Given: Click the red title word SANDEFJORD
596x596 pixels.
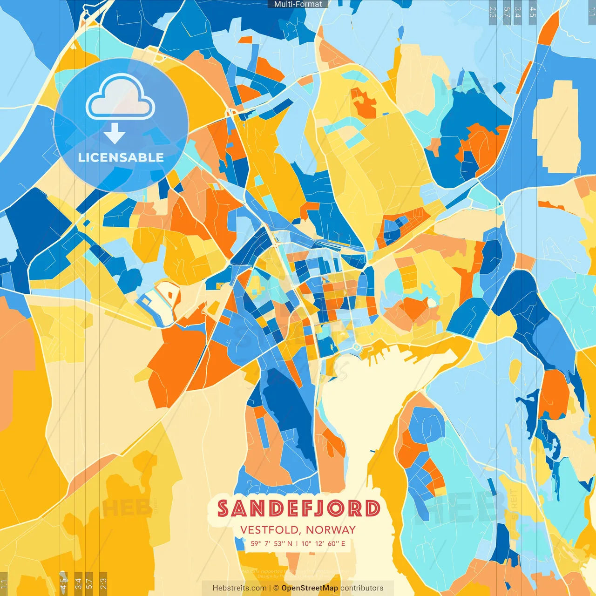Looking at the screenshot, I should point(298,508).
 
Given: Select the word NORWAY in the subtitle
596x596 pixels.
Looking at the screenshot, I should point(331,530).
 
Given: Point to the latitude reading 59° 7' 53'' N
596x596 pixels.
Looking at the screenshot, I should point(271,543).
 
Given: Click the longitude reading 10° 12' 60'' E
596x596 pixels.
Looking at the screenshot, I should point(323,543).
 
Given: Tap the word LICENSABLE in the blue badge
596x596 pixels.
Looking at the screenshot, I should point(121,157).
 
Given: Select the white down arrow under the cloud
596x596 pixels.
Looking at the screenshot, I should point(115,133).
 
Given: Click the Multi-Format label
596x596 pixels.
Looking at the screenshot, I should point(298,4).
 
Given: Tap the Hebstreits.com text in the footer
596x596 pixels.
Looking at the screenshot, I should point(239,588).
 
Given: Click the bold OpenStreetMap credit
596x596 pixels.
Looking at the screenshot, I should point(310,588).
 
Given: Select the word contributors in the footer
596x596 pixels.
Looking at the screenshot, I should point(362,588).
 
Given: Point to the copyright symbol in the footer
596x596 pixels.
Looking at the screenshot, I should point(276,588).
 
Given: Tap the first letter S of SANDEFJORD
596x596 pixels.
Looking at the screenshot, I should point(223,508).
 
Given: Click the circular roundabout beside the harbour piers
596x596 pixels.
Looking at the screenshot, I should point(356,347).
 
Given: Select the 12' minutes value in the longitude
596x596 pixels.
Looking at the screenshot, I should point(319,543).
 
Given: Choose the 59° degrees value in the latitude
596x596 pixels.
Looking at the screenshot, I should point(255,543).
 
